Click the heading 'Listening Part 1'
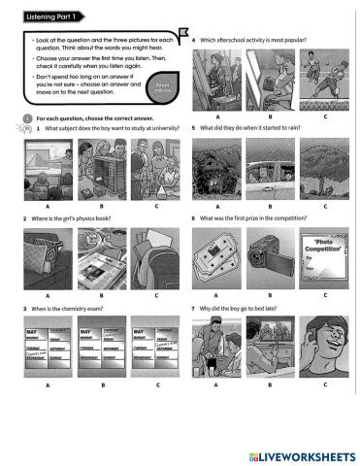[45, 17]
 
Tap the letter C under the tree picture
[324, 207]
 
